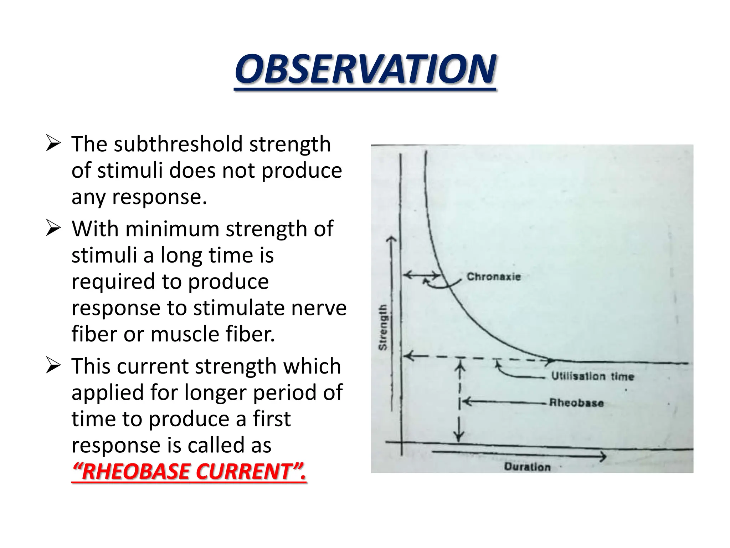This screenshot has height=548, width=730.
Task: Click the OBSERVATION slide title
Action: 365,69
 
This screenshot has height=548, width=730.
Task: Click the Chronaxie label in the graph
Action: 494,276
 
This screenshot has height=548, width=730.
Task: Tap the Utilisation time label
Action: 592,376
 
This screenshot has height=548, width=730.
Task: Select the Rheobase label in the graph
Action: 576,403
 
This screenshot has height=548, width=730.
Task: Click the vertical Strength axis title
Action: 382,327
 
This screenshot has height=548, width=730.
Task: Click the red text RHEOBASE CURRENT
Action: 189,471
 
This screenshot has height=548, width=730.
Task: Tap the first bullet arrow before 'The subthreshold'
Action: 53,144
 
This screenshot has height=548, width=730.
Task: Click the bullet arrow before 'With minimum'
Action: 53,229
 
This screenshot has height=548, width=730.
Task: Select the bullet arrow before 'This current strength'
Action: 53,366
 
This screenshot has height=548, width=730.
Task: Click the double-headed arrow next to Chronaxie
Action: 422,275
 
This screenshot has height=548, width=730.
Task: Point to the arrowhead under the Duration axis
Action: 602,456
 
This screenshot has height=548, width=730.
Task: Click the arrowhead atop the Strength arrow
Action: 392,239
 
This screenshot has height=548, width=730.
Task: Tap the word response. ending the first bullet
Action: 159,197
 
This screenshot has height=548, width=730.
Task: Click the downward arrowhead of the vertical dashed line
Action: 459,437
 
